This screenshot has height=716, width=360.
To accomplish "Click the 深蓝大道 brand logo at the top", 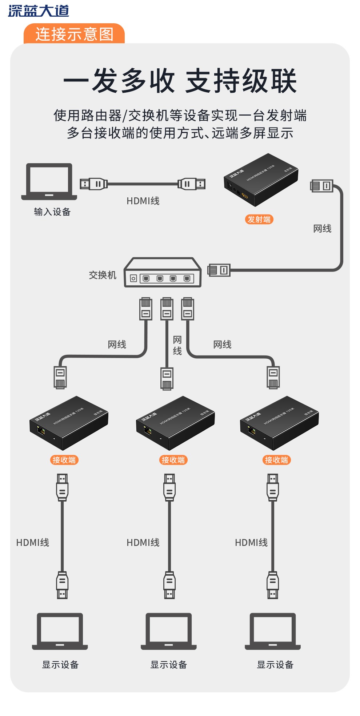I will [x=39, y=11].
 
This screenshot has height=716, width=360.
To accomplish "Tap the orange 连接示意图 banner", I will [x=74, y=34].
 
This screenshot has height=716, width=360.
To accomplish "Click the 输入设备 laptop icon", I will [x=49, y=182].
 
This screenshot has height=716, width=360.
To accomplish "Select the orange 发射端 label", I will [x=259, y=219].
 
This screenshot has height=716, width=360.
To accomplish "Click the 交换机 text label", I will [x=103, y=275].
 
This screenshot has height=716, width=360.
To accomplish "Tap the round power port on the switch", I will [x=133, y=278].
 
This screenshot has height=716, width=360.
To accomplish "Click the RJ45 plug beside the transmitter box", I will [x=321, y=186].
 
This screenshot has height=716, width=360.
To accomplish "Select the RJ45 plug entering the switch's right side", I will [x=219, y=270].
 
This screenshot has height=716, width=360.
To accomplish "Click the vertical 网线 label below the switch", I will [x=177, y=345].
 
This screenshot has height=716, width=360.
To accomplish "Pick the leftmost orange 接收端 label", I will [x=64, y=460].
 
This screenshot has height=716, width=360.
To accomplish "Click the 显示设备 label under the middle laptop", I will [x=169, y=665].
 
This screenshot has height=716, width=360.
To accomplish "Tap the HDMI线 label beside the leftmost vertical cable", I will [x=33, y=543].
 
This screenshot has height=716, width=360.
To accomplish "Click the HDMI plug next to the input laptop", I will [x=93, y=184].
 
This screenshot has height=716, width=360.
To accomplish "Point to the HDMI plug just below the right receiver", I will [x=273, y=487].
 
